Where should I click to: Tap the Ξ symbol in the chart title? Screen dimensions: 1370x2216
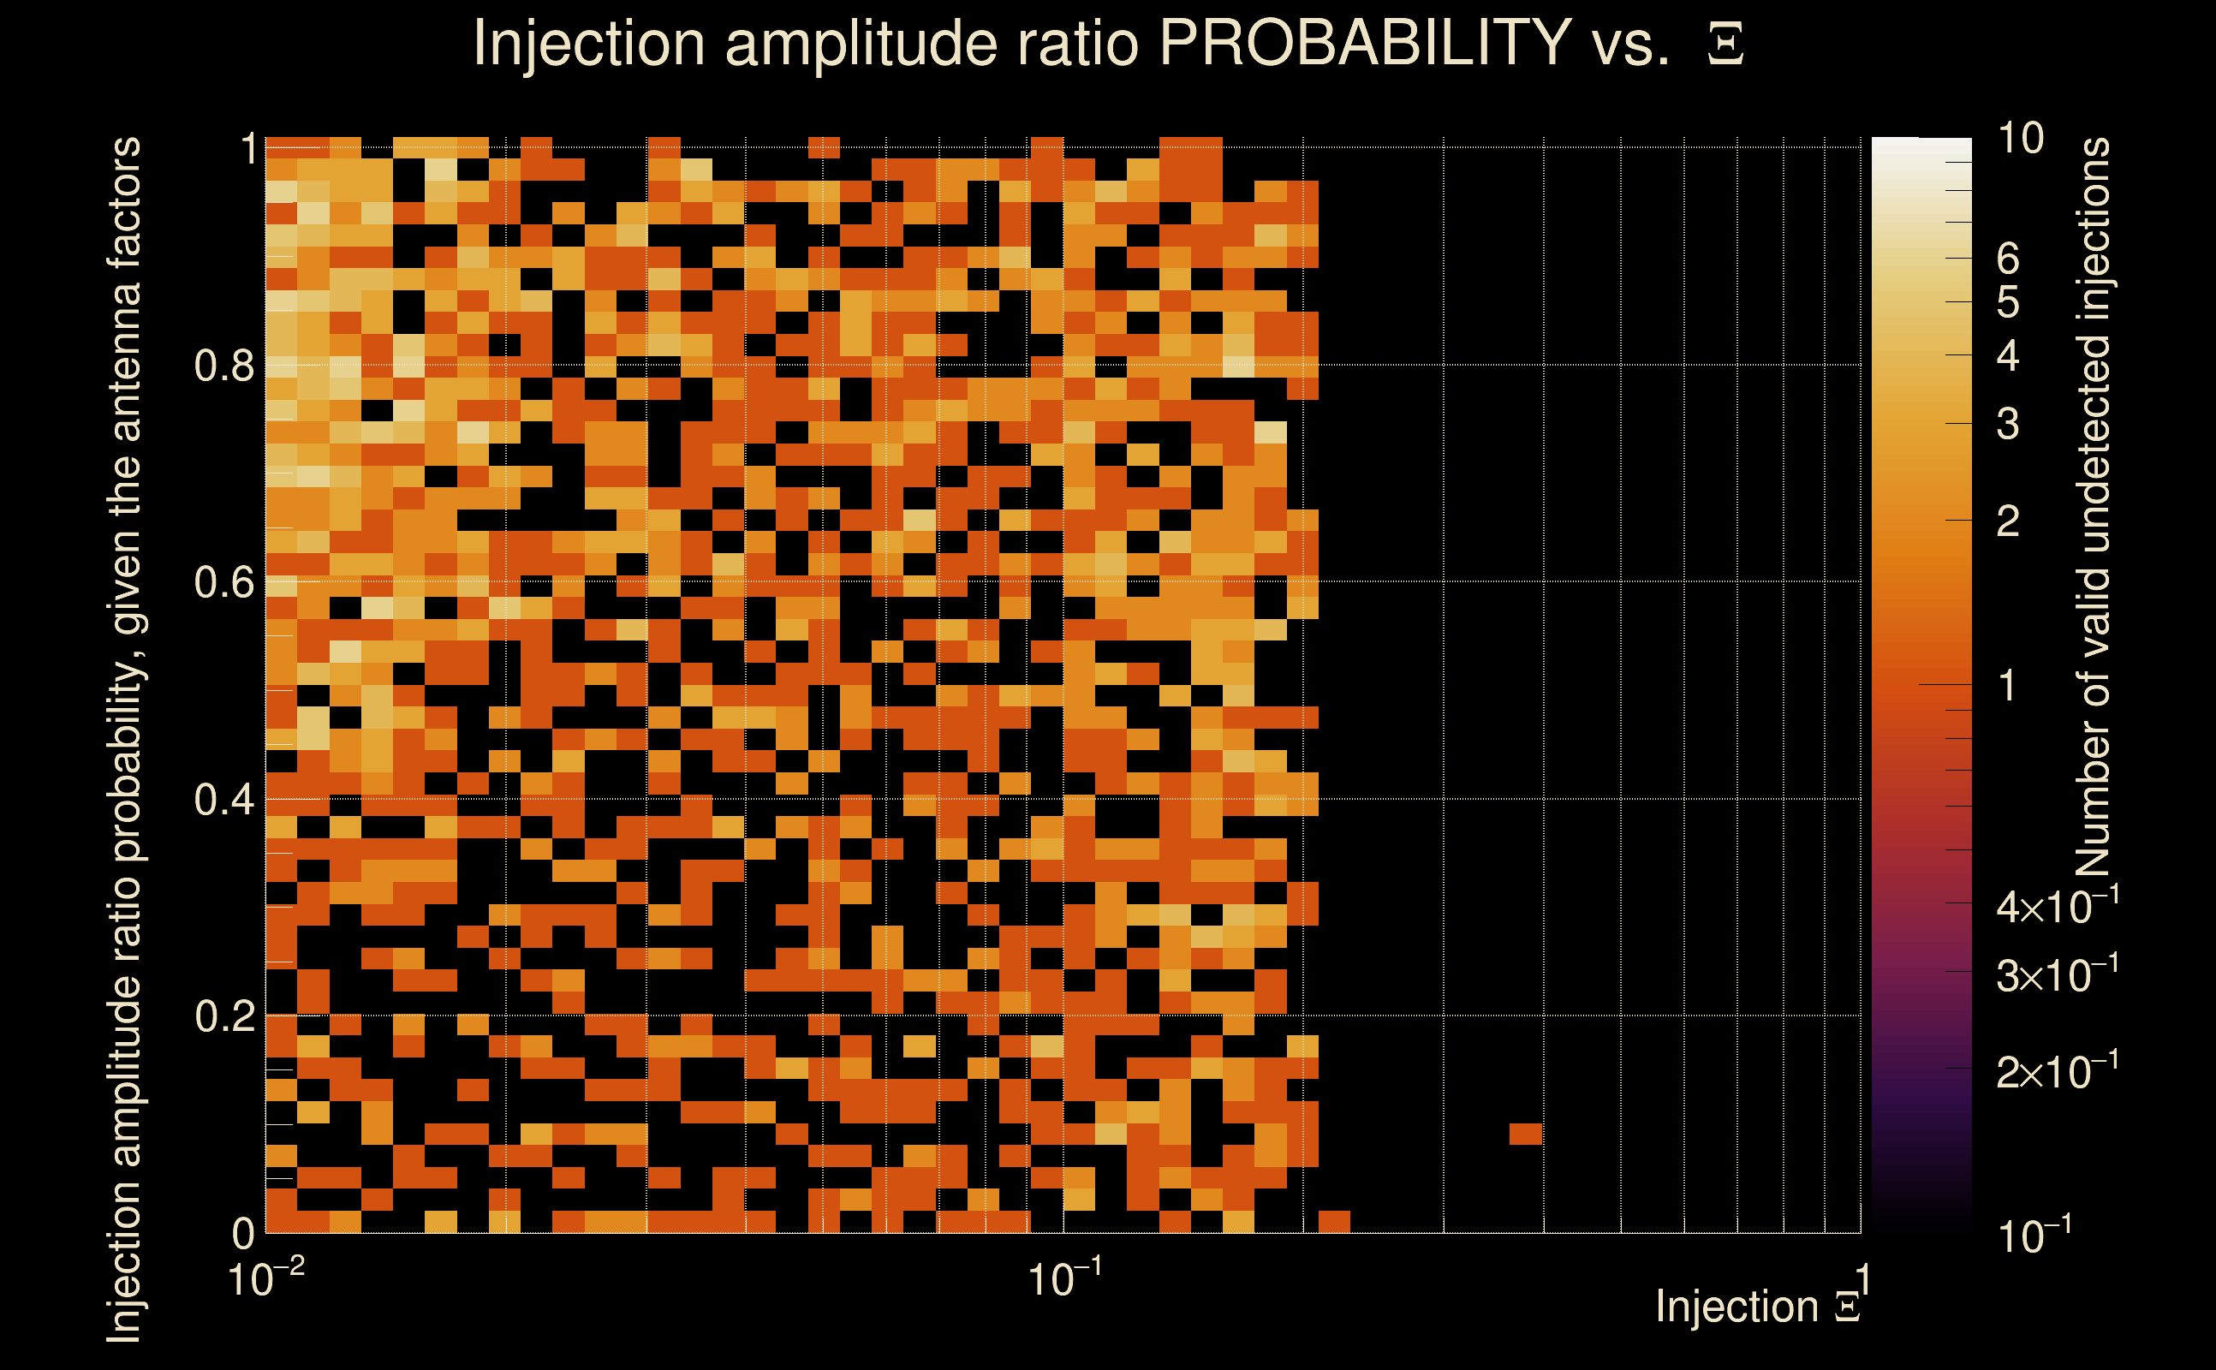(x=1725, y=45)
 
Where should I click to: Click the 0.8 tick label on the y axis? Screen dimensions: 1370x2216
(x=223, y=366)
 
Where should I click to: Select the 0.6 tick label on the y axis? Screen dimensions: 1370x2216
(x=223, y=582)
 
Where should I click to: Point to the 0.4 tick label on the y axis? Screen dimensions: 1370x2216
(x=223, y=800)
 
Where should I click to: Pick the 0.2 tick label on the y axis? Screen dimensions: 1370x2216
(x=223, y=1016)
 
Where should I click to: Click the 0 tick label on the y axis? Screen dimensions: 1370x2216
(x=243, y=1233)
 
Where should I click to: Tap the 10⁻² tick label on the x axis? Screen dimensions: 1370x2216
(x=265, y=1278)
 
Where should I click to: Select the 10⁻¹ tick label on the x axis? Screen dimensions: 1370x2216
(x=1064, y=1278)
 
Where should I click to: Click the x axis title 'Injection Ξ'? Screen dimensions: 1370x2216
(x=1758, y=1307)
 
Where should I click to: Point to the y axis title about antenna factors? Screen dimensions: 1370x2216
(x=124, y=738)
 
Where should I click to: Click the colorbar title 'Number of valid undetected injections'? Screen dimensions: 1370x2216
(x=2093, y=508)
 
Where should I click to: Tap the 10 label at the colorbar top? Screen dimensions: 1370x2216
(x=2020, y=139)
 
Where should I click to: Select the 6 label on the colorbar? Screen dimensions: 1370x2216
(x=2008, y=259)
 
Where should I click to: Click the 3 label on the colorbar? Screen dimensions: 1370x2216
(x=2008, y=424)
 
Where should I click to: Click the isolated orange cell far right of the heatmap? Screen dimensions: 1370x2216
(x=1526, y=1134)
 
